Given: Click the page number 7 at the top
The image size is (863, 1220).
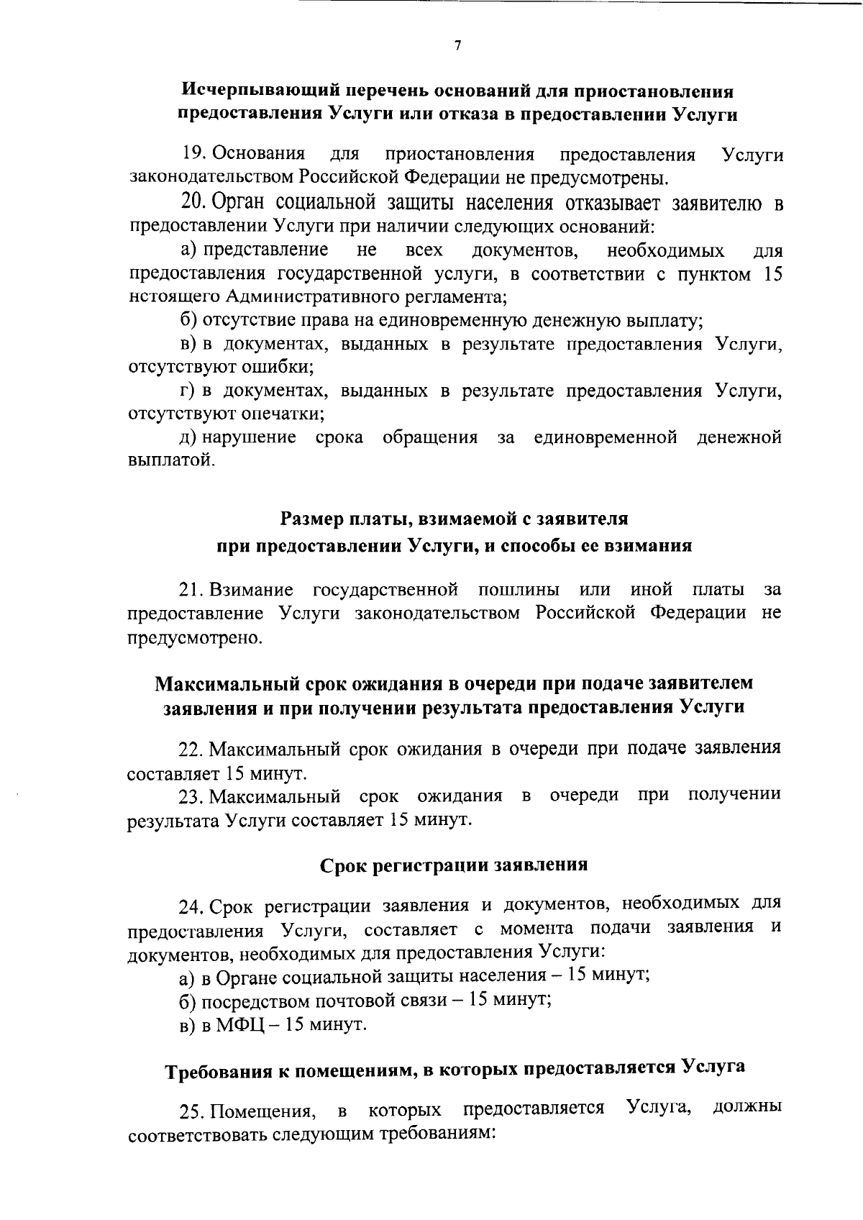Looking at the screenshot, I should point(457,46).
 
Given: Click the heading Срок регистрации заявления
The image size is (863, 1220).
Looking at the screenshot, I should point(454,865).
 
